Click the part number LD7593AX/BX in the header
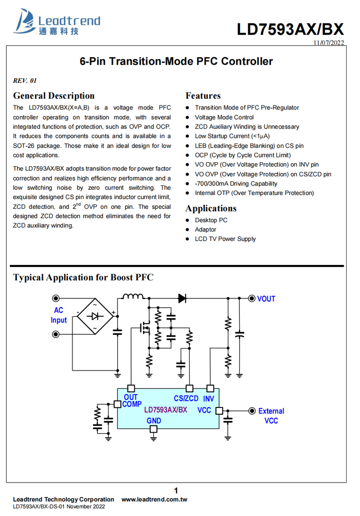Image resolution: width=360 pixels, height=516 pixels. point(290,29)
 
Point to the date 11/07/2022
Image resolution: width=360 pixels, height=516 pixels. point(329,43)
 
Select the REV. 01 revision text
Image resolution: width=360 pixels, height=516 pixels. point(25,81)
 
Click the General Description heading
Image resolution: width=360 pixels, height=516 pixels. point(53,96)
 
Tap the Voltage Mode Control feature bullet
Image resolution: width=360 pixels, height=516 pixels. point(224,117)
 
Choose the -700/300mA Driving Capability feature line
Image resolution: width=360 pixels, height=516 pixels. point(236,184)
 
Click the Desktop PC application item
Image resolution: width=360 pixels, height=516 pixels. point(211,220)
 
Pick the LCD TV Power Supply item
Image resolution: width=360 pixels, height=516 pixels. point(225,239)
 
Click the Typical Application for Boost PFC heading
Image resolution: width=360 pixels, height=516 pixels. point(83,277)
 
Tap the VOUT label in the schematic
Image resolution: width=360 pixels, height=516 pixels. point(266,299)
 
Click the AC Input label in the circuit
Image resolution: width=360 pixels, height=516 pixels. point(59,315)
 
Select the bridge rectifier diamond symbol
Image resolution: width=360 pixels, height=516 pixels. point(96,316)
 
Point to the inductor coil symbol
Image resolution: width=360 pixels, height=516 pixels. point(132,297)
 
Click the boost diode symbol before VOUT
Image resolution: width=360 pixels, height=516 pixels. point(182,298)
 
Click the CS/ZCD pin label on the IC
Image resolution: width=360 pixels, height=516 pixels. point(186,398)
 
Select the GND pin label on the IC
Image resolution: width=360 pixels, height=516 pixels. point(153,421)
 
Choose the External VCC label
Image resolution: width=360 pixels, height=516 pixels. point(271,416)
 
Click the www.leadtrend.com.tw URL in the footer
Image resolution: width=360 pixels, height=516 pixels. point(154,499)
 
